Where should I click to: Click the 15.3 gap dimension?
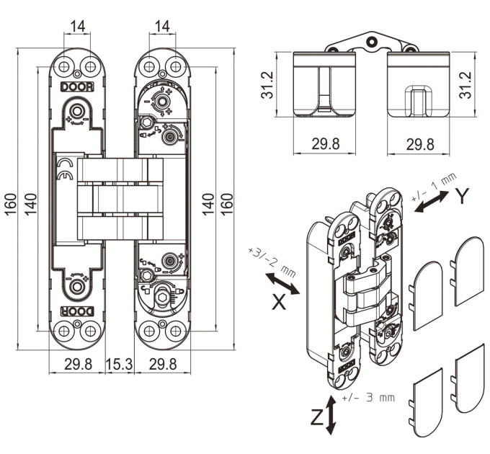click(x=119, y=365)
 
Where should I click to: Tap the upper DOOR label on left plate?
click(x=77, y=87)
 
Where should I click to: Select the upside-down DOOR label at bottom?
click(x=77, y=311)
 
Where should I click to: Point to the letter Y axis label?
click(x=463, y=197)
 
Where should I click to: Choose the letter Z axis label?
click(x=318, y=417)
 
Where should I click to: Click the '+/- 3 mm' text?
click(x=368, y=398)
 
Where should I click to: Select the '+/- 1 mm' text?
click(x=434, y=187)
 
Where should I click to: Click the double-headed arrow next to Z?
click(x=330, y=415)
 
